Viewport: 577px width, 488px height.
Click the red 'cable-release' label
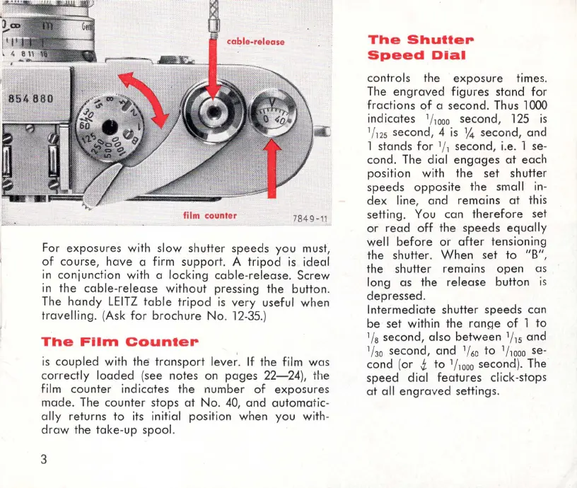tap(255, 42)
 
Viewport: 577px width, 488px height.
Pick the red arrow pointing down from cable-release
tap(214, 67)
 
